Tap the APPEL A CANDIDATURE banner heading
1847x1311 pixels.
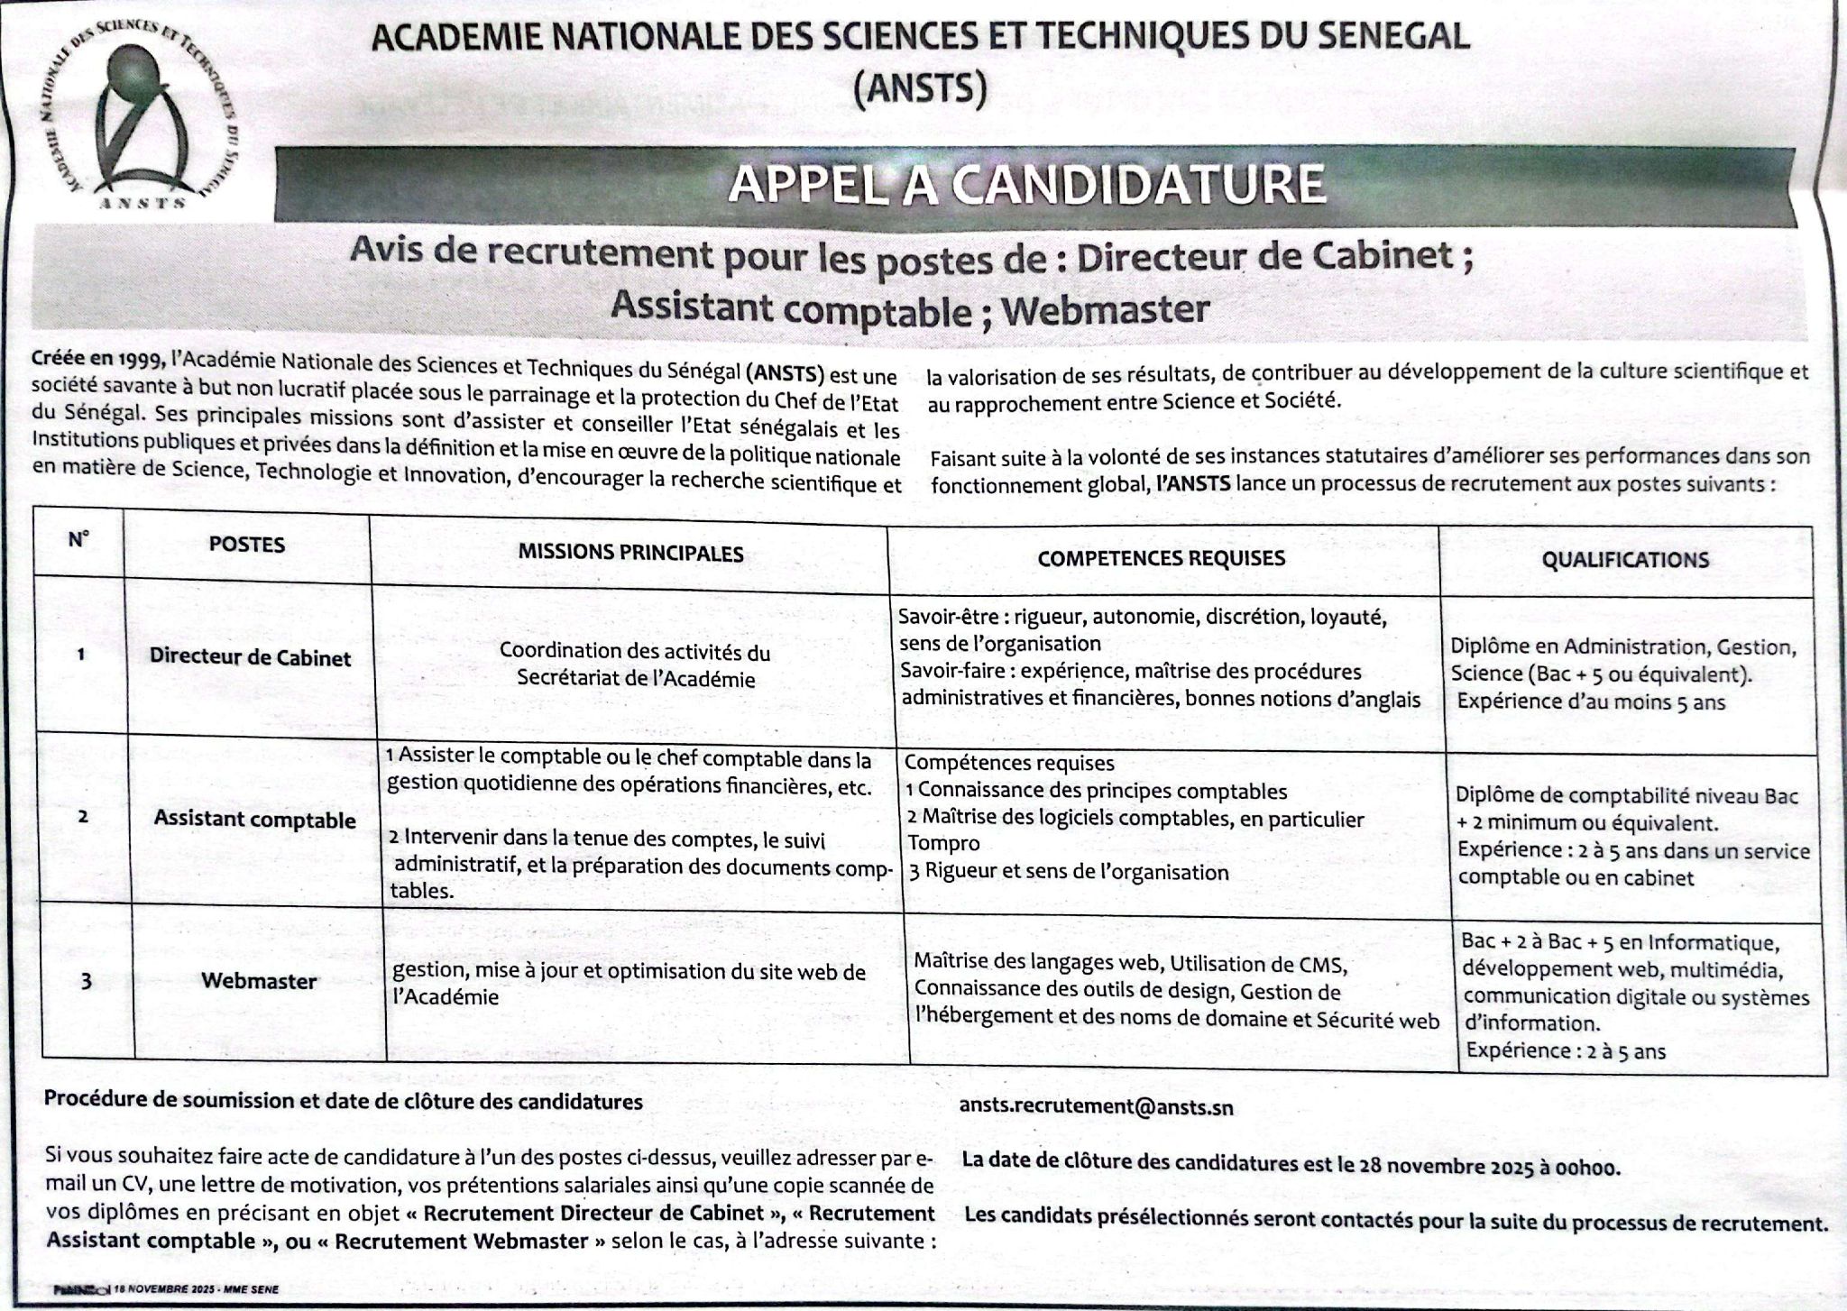[x=1027, y=185]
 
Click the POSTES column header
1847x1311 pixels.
[x=246, y=545]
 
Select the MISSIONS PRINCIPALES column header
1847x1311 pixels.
[x=630, y=552]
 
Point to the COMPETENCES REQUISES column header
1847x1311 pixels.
[x=1161, y=558]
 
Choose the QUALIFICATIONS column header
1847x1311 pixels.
[x=1624, y=560]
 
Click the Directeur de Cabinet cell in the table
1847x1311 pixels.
[x=250, y=657]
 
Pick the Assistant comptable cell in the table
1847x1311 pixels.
[x=254, y=820]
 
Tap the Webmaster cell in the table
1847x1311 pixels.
[x=259, y=981]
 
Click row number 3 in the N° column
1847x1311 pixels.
[x=86, y=981]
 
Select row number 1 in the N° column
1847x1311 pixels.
[x=81, y=655]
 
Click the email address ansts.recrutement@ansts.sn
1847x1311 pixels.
[x=1096, y=1107]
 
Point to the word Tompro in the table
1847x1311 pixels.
[x=942, y=844]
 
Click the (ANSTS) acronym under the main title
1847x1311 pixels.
[x=919, y=90]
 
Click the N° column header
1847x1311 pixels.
[x=78, y=540]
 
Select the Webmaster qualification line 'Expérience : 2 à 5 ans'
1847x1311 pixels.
[x=1566, y=1050]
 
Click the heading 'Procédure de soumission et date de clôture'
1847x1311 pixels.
[x=344, y=1101]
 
